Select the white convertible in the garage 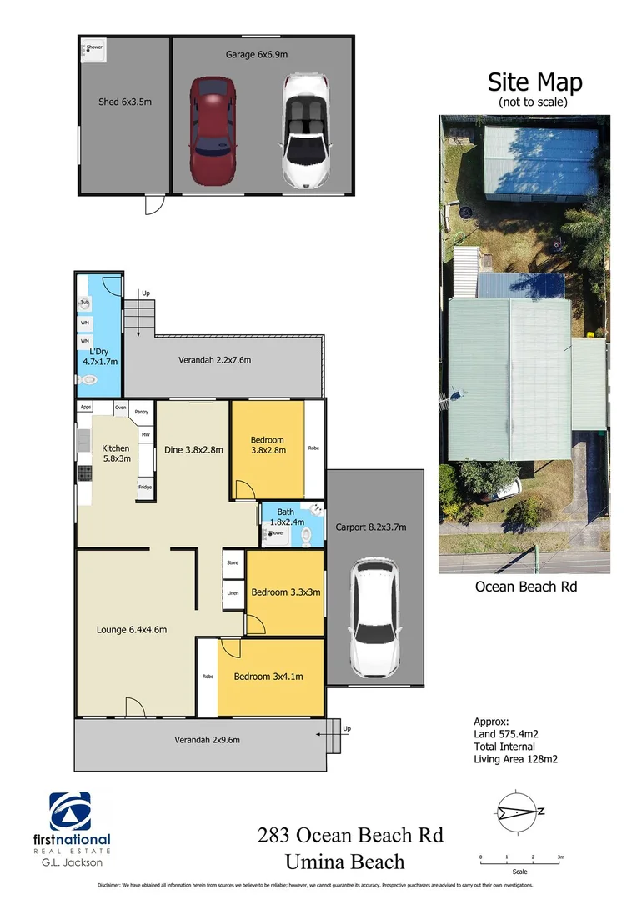tap(304, 131)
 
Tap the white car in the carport tap(374, 617)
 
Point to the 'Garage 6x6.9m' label tap(257, 54)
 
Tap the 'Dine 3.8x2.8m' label tap(193, 450)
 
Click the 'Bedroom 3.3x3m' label tap(285, 592)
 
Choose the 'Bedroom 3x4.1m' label tap(268, 676)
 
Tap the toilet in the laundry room tap(88, 380)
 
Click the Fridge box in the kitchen tap(145, 487)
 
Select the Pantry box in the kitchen tap(141, 412)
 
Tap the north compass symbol tap(517, 812)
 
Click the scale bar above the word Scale tap(520, 857)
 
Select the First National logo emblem tap(71, 811)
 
